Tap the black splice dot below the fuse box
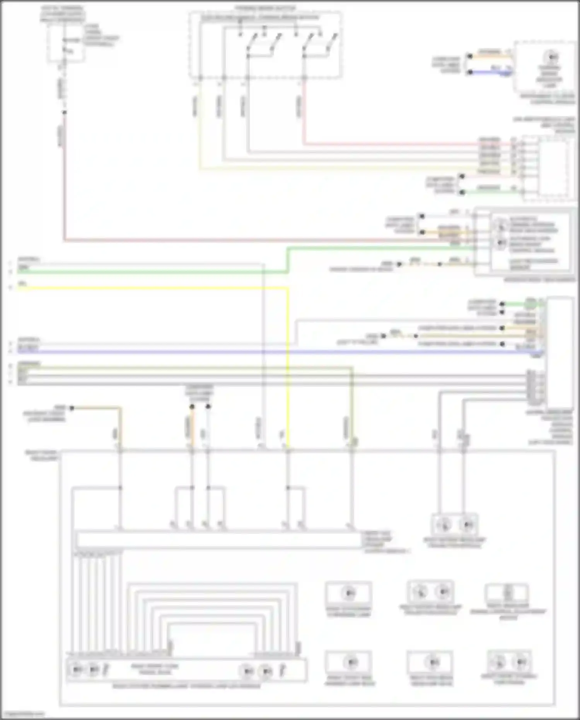pyautogui.click(x=65, y=113)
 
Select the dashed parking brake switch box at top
pyautogui.click(x=265, y=45)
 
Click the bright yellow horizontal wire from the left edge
pyautogui.click(x=155, y=288)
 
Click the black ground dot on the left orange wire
pyautogui.click(x=72, y=408)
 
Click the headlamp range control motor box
pyautogui.click(x=507, y=593)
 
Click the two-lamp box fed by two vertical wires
pyautogui.click(x=455, y=525)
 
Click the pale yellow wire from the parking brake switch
pyautogui.click(x=200, y=128)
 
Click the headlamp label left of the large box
pyautogui.click(x=42, y=455)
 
